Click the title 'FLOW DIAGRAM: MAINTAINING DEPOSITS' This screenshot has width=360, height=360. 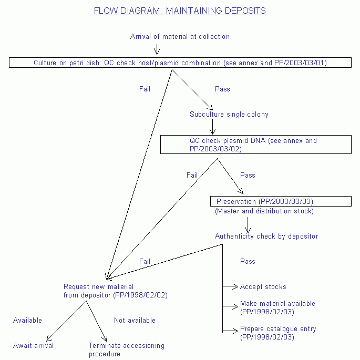(x=180, y=11)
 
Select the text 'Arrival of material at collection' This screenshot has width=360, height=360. (x=180, y=36)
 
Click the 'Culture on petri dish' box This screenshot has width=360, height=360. (x=180, y=63)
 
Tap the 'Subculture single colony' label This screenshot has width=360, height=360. (x=229, y=114)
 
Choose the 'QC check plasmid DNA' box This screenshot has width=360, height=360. (x=255, y=145)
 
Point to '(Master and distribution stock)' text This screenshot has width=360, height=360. (x=264, y=211)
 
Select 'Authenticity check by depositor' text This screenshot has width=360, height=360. (x=266, y=236)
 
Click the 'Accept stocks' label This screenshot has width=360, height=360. (x=263, y=287)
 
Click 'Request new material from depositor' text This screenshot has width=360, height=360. (x=115, y=291)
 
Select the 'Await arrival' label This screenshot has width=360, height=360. (x=33, y=346)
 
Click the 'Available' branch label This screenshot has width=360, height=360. (x=27, y=320)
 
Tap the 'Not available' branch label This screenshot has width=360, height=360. (x=135, y=320)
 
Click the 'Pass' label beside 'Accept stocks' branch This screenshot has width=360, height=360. (x=248, y=261)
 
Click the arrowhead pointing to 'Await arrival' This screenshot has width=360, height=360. (x=49, y=339)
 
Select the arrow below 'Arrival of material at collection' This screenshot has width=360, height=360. (x=156, y=49)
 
